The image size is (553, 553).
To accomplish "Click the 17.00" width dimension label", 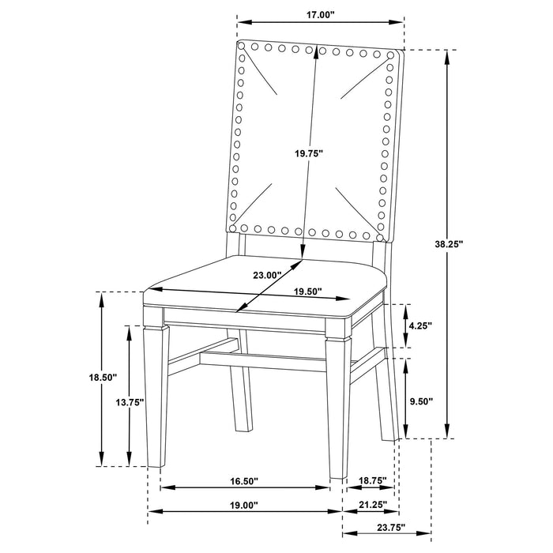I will click(x=319, y=14).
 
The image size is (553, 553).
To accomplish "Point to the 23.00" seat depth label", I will click(x=267, y=274).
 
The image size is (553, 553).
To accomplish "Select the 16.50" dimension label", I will click(x=243, y=480).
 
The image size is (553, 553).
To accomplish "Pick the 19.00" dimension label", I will click(x=243, y=504).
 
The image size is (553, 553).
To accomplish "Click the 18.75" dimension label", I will click(x=371, y=480).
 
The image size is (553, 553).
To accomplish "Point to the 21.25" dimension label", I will click(x=371, y=504).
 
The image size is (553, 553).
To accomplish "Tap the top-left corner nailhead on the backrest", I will click(x=243, y=48).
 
